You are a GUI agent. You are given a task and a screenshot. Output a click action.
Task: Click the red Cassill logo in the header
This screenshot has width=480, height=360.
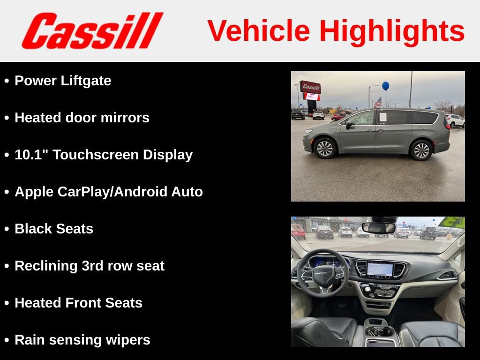click(92, 31)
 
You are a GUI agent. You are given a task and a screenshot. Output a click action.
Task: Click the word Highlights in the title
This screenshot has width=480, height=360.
click(392, 31)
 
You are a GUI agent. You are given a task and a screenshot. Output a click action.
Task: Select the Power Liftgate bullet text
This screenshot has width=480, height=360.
click(63, 81)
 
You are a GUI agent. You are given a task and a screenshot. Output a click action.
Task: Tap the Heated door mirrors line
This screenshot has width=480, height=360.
click(82, 118)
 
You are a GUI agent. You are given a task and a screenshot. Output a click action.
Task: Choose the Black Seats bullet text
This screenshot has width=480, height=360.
click(54, 229)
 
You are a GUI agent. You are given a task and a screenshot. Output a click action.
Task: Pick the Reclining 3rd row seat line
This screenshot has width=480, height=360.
click(90, 266)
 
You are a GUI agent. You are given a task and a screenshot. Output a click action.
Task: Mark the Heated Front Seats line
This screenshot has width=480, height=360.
click(78, 303)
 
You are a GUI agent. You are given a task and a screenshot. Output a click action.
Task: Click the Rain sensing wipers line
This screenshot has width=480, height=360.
click(82, 340)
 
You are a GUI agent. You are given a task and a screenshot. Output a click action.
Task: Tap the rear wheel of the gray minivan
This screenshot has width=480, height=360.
click(420, 150)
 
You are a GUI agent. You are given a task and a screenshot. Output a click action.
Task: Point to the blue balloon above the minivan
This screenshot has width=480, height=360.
click(385, 86)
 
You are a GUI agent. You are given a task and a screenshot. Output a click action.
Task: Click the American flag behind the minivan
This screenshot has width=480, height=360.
click(378, 102)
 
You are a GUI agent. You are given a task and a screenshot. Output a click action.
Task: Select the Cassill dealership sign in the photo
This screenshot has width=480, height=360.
click(310, 87)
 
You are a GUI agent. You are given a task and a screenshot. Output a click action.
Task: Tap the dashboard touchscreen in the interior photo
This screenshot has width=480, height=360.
click(379, 269)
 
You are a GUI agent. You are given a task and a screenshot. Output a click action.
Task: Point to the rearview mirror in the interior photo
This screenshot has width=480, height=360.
click(379, 228)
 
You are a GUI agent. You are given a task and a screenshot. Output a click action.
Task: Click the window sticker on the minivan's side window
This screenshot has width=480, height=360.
click(382, 117)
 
